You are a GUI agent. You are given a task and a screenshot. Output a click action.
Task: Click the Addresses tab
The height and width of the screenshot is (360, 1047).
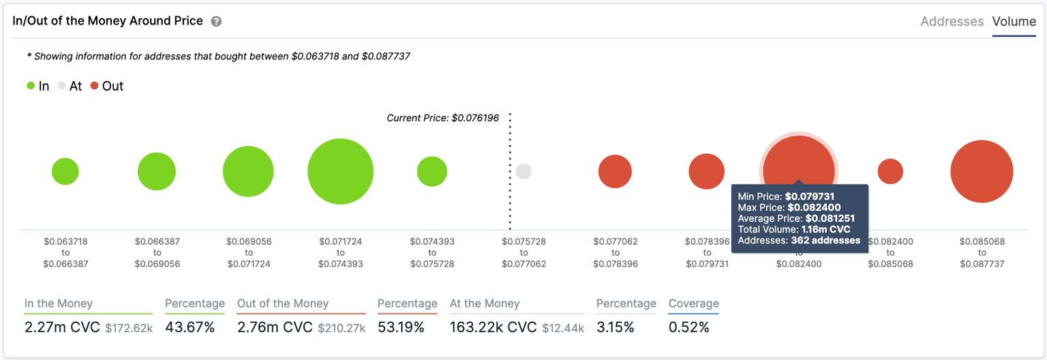click(952, 22)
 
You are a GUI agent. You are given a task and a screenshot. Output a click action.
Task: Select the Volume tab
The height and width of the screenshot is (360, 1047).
click(1014, 22)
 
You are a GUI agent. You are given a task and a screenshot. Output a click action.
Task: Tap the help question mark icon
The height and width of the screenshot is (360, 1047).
click(216, 22)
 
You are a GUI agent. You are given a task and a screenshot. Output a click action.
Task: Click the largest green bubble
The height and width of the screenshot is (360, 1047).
click(340, 172)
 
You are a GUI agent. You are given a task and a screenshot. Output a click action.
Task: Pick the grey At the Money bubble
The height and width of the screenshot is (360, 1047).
click(523, 172)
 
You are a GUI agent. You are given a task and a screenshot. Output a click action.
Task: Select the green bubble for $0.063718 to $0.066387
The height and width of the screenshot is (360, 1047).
click(65, 172)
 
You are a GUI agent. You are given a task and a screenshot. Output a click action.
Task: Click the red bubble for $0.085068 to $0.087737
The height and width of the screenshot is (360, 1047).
click(982, 172)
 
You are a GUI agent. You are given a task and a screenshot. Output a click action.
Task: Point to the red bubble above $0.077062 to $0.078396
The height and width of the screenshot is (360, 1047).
click(615, 172)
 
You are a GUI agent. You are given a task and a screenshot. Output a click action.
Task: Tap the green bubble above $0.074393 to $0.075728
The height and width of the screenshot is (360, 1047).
click(431, 172)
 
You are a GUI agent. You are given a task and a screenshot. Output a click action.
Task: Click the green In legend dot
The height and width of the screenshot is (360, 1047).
click(31, 87)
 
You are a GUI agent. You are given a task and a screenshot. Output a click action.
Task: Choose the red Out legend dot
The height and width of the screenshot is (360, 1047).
click(95, 87)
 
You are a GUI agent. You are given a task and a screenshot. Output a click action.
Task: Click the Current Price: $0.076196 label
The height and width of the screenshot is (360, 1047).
click(442, 118)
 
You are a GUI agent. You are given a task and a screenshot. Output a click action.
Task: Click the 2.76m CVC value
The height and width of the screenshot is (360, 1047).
click(274, 327)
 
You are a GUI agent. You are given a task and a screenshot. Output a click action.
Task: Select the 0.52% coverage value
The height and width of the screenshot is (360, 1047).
click(688, 327)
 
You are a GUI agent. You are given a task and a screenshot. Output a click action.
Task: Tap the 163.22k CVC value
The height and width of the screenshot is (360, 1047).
click(493, 327)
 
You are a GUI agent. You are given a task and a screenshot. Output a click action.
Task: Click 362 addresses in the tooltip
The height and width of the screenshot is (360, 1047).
click(825, 241)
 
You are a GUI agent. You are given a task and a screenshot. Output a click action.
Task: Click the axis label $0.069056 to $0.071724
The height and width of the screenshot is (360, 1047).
click(248, 252)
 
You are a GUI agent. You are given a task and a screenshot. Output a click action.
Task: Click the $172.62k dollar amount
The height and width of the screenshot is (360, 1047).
click(129, 328)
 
